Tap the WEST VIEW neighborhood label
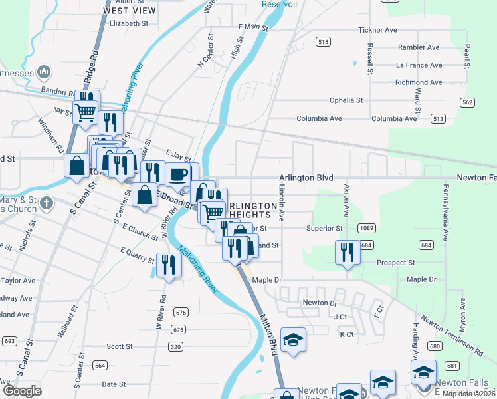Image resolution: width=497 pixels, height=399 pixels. pos(130,11)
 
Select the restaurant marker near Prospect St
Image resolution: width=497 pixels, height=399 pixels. pos(347,253)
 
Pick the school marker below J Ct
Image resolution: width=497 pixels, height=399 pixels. pos(293,340)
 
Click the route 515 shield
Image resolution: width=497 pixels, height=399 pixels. pos(323,42)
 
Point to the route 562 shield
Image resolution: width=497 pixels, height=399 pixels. pos(468,102)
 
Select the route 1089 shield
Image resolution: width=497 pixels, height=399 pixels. pos(366,228)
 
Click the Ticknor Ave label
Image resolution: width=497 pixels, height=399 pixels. pos(377,30)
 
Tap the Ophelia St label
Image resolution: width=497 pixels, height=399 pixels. pos(346,100)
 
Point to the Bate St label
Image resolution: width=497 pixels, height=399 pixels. pos(114,384)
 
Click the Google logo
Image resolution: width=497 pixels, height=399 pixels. pos(22,390)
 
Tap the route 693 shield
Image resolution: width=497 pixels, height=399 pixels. pos(9,341)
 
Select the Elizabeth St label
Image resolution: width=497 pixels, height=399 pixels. pos(129,23)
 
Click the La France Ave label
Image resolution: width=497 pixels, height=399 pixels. pos(419,65)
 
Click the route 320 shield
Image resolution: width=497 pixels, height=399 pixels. pos(175,346)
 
